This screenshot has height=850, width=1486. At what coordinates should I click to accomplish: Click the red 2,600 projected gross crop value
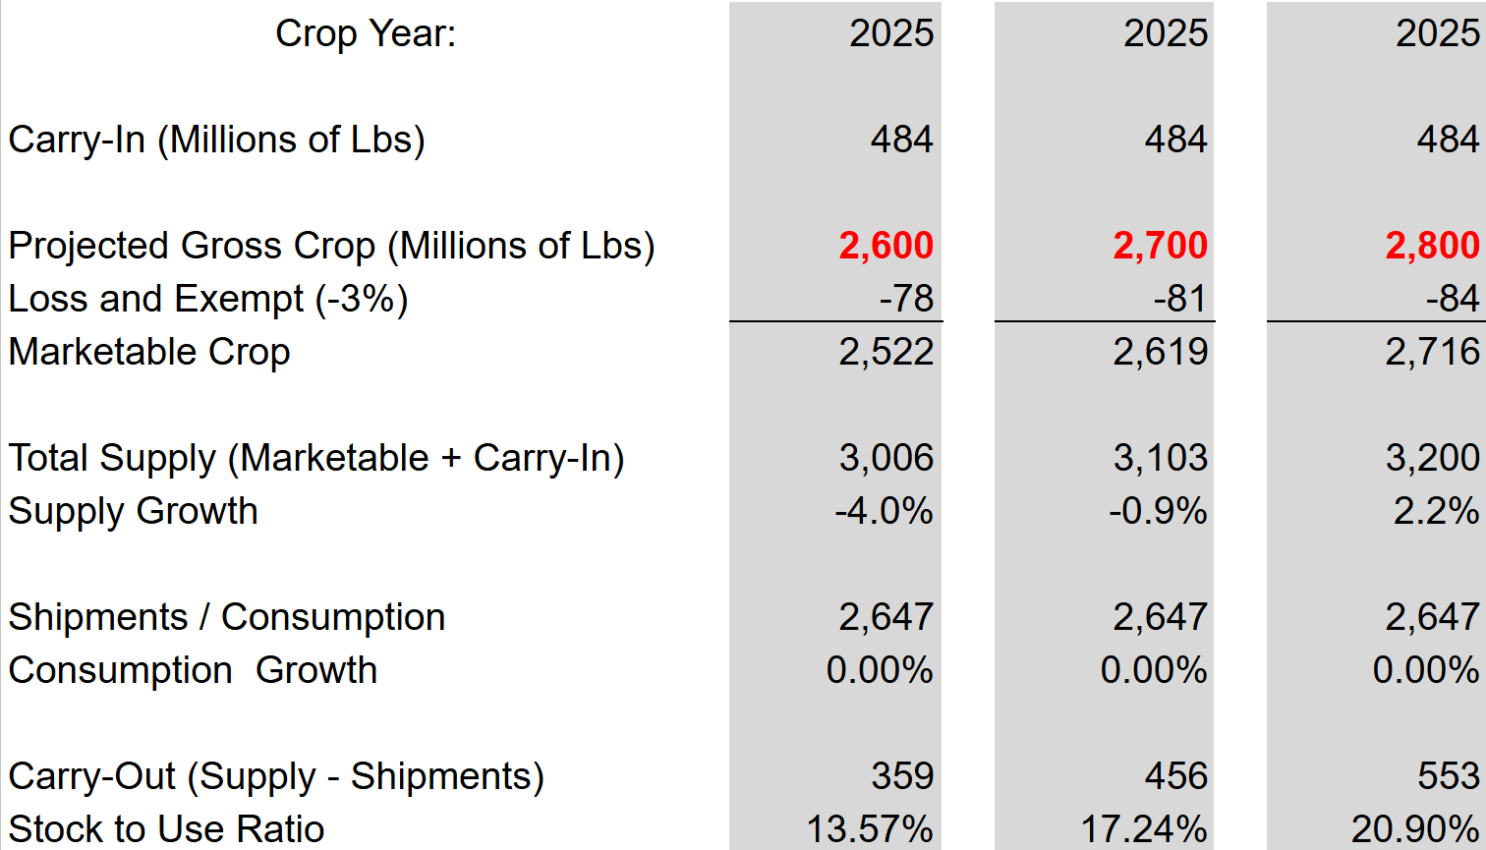click(886, 246)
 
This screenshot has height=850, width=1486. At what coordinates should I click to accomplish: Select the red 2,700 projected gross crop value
click(1160, 246)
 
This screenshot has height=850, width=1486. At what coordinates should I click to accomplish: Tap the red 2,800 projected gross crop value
click(1432, 246)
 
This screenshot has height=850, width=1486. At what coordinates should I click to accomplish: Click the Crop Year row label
click(366, 33)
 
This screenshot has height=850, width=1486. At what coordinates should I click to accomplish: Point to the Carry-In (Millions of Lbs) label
click(217, 140)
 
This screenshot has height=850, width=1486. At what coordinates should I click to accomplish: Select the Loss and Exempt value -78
click(905, 299)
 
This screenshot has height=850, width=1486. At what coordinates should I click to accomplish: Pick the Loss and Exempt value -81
click(1179, 299)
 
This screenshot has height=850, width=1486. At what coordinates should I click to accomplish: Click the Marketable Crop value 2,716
click(1432, 352)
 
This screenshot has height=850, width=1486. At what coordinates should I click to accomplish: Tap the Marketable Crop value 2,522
click(886, 352)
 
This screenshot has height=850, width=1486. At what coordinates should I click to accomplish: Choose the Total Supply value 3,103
click(1160, 458)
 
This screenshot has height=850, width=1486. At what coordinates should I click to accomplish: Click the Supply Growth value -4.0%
click(884, 511)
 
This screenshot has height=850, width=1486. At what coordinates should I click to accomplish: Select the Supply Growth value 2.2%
click(1436, 511)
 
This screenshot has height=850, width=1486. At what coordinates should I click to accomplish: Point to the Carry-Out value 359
click(902, 776)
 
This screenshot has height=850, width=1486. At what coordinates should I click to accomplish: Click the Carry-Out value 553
click(1449, 776)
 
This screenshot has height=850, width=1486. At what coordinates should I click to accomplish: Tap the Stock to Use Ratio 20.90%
click(1415, 829)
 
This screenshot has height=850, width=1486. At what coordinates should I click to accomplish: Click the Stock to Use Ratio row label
click(166, 829)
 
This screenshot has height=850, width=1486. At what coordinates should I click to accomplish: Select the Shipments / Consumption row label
click(227, 617)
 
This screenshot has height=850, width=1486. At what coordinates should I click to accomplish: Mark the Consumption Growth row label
click(193, 670)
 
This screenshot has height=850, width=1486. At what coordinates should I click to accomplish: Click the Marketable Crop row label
click(149, 352)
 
